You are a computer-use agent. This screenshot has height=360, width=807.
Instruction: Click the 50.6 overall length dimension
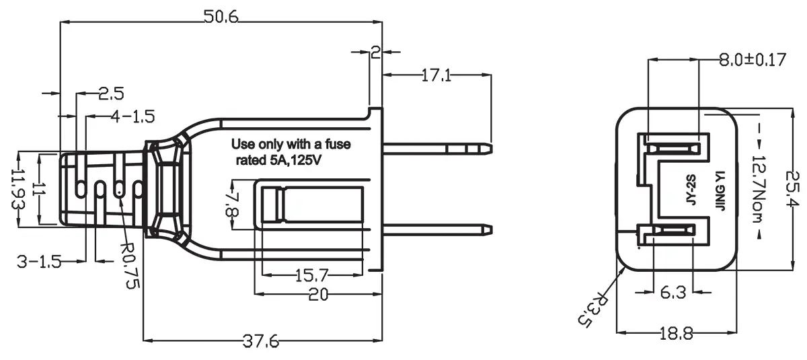click(221, 18)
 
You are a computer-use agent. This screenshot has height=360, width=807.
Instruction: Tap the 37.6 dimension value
click(260, 341)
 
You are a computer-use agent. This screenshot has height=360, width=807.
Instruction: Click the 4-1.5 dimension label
click(133, 116)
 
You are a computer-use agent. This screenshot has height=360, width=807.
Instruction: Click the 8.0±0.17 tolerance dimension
click(753, 60)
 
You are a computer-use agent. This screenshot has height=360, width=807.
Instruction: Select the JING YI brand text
click(718, 191)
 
